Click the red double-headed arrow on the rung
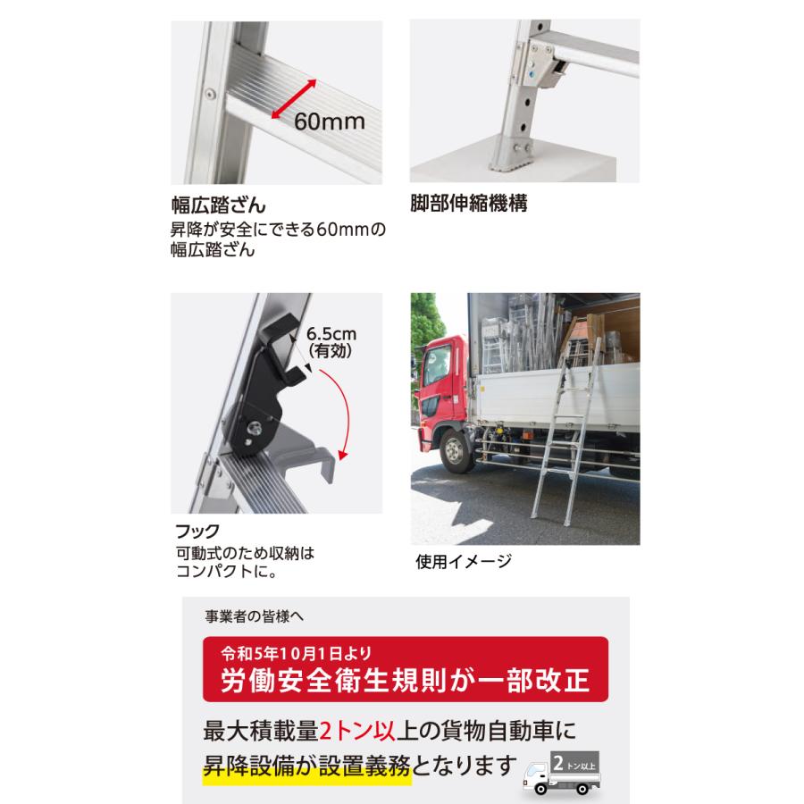point(294,98)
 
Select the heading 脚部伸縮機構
point(468,204)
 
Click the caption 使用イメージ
point(464,562)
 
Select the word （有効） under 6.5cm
point(331,352)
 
